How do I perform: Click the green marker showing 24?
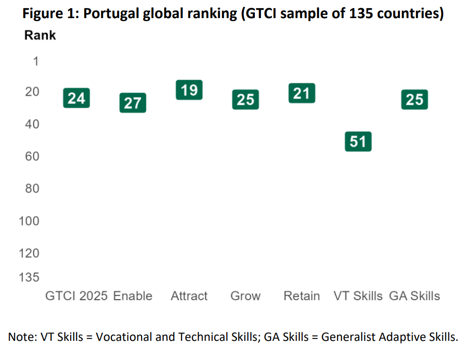[77, 98]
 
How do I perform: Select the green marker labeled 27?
[133, 103]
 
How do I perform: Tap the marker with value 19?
[189, 90]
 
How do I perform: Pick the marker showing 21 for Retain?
[301, 93]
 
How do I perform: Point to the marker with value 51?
[358, 141]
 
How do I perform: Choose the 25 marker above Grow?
[245, 100]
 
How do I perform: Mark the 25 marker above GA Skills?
[414, 100]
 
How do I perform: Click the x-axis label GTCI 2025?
[77, 296]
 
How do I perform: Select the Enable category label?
[133, 296]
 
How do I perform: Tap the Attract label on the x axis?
[189, 296]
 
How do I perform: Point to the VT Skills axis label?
[358, 296]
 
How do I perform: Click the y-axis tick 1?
[35, 61]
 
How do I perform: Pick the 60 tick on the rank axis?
[32, 157]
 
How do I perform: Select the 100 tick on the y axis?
[29, 221]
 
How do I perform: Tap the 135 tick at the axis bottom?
[29, 277]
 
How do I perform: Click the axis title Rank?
[40, 36]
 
